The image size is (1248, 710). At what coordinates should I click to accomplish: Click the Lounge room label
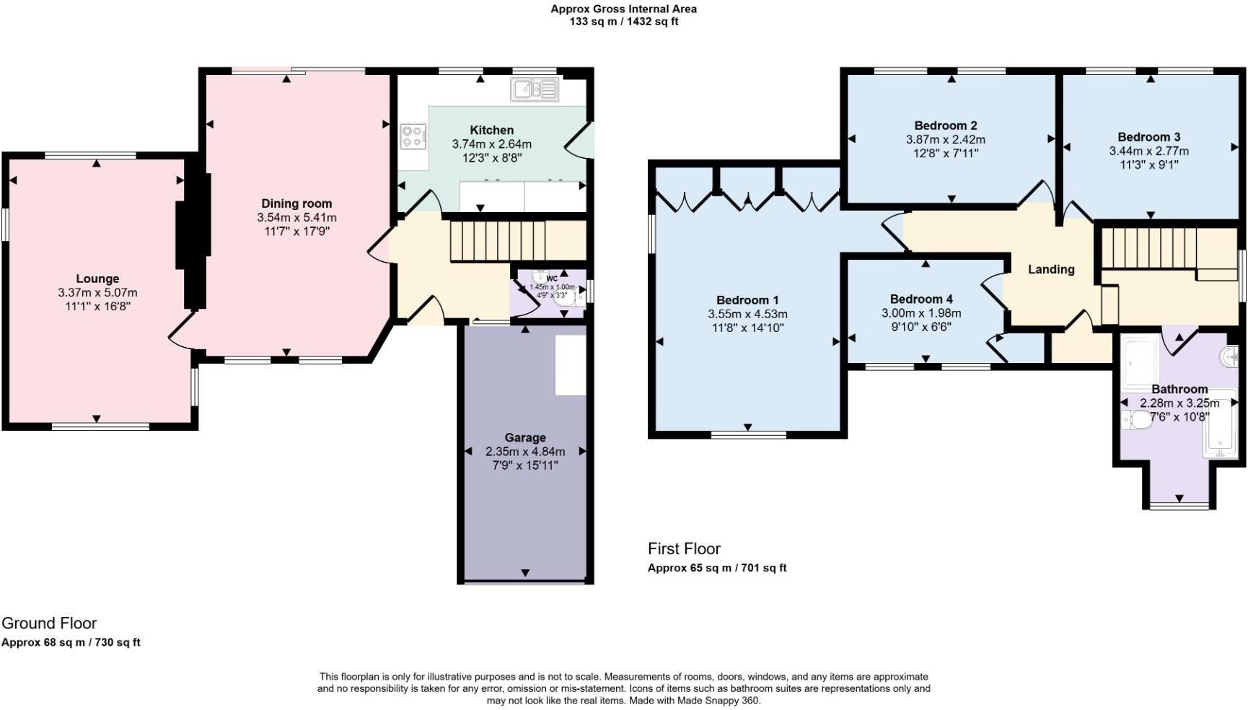(x=97, y=279)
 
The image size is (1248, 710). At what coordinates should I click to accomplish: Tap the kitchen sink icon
(x=535, y=89)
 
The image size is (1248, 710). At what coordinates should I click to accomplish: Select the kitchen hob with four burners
(x=413, y=136)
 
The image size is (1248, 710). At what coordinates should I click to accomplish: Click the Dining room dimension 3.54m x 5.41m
(x=296, y=217)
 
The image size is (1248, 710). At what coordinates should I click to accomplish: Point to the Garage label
(x=524, y=437)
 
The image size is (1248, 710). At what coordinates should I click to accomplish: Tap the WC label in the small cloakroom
(x=552, y=279)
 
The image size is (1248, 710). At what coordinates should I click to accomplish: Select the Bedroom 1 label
(x=747, y=300)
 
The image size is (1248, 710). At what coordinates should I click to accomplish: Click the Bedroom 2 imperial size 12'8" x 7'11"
(x=945, y=153)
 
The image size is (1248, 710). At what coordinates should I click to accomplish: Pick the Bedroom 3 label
(x=1148, y=137)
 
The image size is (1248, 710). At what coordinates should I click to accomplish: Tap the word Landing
(x=1050, y=269)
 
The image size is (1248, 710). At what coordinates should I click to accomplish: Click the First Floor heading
(x=684, y=548)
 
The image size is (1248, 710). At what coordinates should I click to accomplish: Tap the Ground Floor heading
(x=49, y=623)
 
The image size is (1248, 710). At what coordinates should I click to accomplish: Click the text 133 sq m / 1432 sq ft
(x=623, y=22)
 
